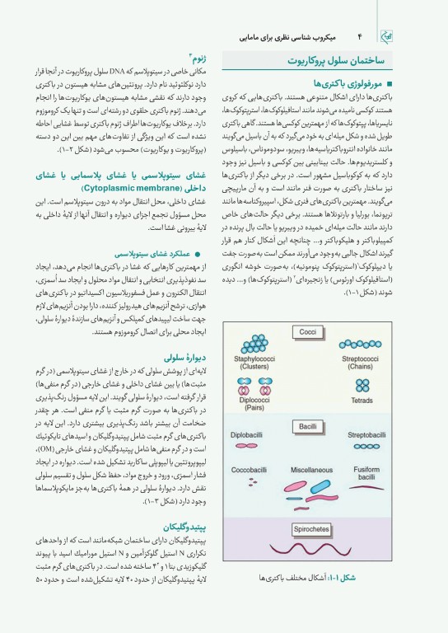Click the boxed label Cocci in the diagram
coord(308,331)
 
